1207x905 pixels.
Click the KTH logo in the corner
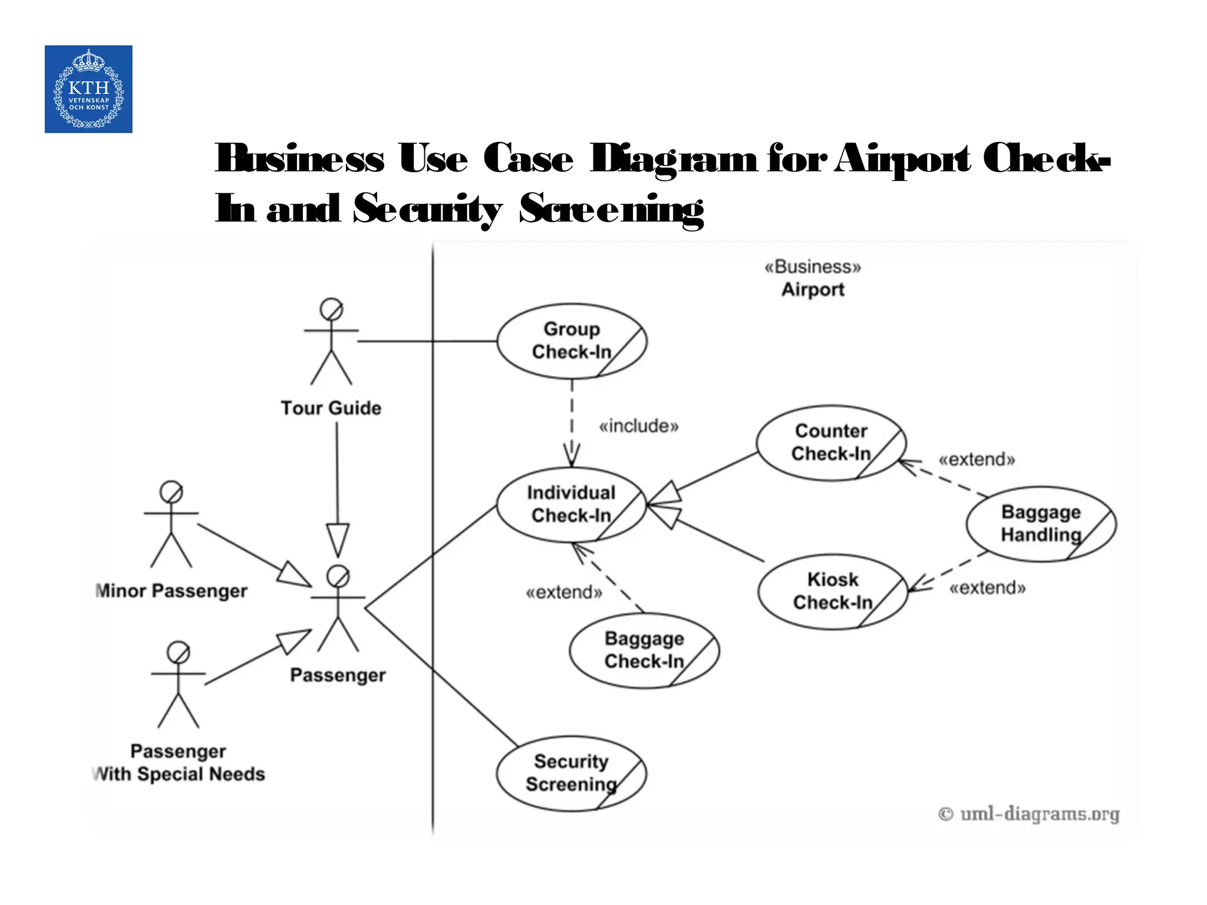click(88, 89)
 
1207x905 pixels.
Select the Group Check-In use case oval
click(571, 341)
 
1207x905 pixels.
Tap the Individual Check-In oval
click(570, 505)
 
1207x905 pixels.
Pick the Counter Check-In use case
click(830, 443)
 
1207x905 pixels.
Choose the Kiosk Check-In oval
click(832, 592)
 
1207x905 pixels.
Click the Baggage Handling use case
click(1041, 524)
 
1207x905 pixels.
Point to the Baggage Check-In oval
click(644, 650)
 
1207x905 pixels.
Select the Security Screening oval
click(570, 773)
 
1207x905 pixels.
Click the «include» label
click(639, 426)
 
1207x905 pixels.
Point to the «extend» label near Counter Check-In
click(977, 460)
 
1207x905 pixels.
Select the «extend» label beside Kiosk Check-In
click(987, 588)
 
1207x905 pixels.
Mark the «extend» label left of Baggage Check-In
click(564, 592)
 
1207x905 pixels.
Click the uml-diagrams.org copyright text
click(1028, 814)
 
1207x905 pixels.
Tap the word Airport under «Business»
click(813, 290)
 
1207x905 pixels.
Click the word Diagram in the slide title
click(674, 159)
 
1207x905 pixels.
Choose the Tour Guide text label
click(331, 408)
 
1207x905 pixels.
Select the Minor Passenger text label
click(172, 591)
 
